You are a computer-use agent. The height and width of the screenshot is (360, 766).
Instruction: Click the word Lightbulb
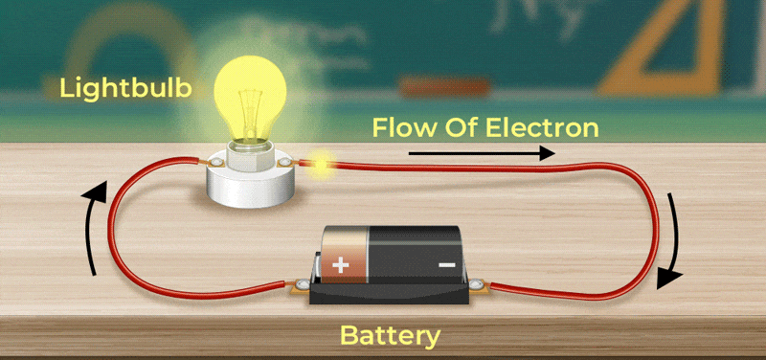pos(125,88)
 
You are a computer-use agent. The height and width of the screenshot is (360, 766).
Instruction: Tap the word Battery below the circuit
pos(390,337)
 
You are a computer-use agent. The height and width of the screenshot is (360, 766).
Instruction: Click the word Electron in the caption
pos(542,127)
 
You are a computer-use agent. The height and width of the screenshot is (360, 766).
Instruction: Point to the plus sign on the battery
pos(341,266)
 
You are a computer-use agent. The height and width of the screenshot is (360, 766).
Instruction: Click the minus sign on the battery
pos(446,265)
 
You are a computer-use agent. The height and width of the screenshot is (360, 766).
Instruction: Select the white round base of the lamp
pos(250,182)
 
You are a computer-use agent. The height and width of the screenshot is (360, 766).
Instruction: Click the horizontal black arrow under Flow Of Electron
pos(482,153)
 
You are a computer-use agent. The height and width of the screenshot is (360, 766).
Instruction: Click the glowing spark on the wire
pos(321,165)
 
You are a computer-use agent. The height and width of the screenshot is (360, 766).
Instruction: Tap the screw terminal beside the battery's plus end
pos(302,283)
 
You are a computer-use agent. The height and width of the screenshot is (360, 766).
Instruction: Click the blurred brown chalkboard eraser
pos(444,87)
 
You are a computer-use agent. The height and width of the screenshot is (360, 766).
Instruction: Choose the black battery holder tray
pos(390,291)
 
